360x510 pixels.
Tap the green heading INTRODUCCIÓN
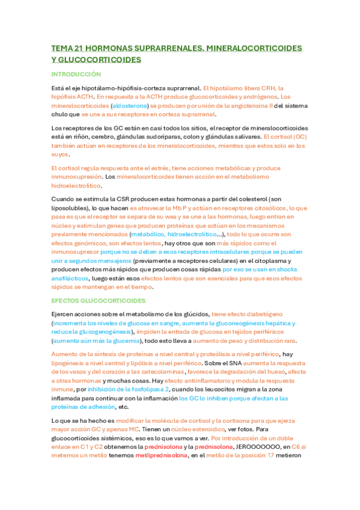pos(76,74)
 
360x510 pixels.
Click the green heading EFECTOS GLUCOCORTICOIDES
pos(102,300)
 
